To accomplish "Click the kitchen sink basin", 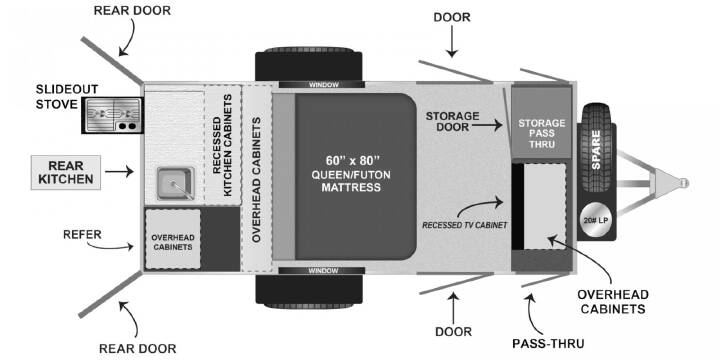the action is coord(176,183).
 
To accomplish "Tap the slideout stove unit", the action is coord(112,115).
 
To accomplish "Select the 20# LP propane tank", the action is coord(597,220).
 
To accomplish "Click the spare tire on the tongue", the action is coord(596,147).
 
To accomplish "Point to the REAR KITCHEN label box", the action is coord(66,172).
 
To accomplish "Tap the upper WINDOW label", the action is coord(323,85).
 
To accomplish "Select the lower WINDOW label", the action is coord(323,271).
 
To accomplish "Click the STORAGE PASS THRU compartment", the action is coord(542,123).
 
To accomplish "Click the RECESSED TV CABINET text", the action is coord(465,225).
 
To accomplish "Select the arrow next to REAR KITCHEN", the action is coord(119,172).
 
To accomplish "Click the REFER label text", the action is coord(83,235).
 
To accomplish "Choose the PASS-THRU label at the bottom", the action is coord(548,343).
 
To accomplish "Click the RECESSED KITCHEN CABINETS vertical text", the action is coord(223,145).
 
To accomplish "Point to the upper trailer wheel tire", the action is coord(309,64).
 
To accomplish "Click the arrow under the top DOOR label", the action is coord(452,41).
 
